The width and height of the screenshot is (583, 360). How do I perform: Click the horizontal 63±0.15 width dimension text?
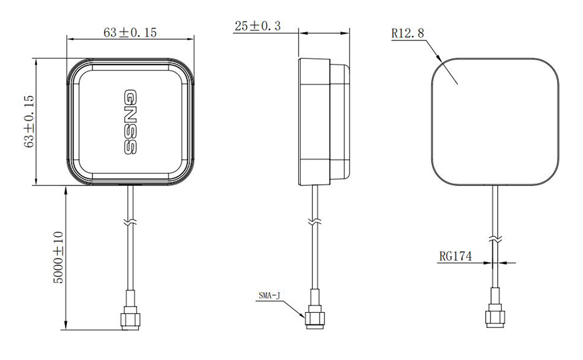tap(130, 33)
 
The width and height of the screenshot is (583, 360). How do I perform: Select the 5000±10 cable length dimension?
tap(58, 257)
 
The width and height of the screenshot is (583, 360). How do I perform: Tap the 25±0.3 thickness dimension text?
tap(257, 26)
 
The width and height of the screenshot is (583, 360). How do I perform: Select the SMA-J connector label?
tap(269, 295)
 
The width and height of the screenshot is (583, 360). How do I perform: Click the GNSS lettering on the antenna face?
tap(131, 121)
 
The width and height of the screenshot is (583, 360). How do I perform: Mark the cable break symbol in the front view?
tap(129, 222)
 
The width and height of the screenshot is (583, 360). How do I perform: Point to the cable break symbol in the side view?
tap(314, 222)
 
